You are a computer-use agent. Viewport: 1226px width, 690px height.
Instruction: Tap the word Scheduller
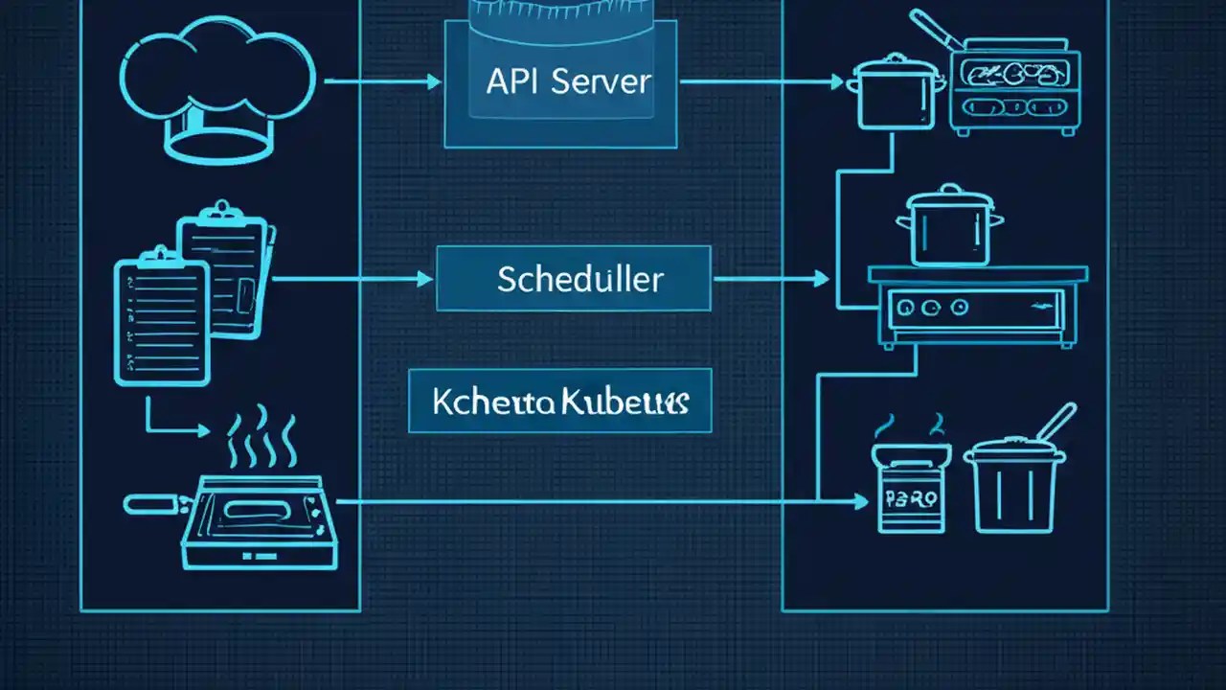click(x=579, y=279)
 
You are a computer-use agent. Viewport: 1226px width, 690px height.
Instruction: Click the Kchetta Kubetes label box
click(x=560, y=401)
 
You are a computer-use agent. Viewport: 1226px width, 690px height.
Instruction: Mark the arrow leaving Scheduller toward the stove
click(x=771, y=279)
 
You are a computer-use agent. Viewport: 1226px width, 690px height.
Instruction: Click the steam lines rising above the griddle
click(x=261, y=441)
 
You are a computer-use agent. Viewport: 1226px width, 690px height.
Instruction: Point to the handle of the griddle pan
click(x=153, y=501)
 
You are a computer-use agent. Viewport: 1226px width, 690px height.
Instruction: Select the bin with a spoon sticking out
click(x=1014, y=484)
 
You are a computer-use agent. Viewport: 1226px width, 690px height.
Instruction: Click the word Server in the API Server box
click(x=602, y=81)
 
